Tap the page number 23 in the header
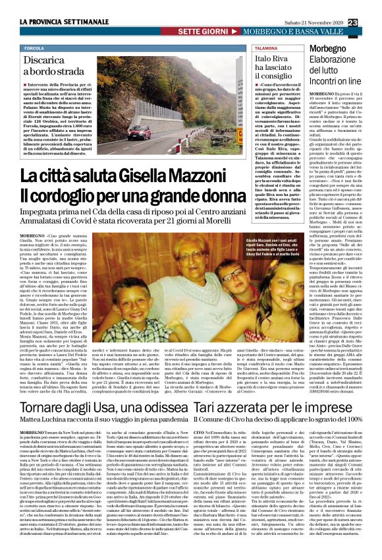(371, 6)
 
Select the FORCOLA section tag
(34, 49)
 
